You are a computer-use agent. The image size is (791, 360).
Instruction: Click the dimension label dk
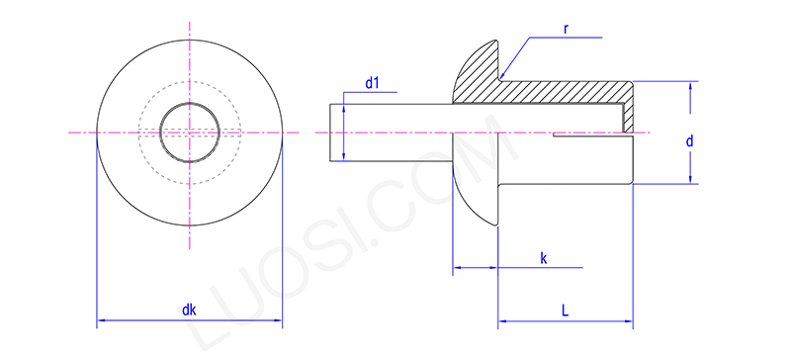189,310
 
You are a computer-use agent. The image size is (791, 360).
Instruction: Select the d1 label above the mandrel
373,83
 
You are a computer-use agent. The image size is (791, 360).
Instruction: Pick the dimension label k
544,258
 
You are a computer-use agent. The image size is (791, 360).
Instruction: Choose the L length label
565,310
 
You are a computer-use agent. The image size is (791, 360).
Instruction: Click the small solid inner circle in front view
189,132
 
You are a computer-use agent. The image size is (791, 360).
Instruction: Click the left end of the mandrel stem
329,132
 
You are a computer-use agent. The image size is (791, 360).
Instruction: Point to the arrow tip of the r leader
501,77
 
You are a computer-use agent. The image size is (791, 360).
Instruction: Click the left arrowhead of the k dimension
457,268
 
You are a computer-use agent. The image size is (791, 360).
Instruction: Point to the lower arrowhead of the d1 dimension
343,155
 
